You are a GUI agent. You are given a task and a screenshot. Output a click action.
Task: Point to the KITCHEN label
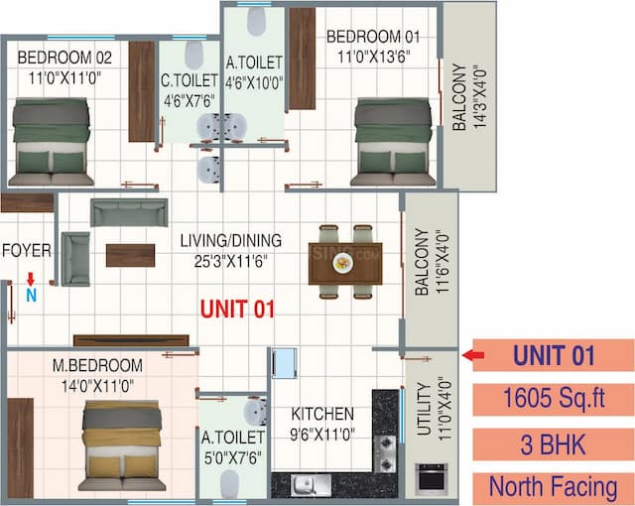321,414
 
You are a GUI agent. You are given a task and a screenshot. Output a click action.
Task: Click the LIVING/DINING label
230,240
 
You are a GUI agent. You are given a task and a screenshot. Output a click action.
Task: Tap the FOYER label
26,250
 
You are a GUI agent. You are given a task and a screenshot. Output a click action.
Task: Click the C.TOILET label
188,77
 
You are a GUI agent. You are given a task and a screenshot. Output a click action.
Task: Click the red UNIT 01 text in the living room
237,309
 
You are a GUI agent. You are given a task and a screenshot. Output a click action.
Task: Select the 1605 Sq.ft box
554,400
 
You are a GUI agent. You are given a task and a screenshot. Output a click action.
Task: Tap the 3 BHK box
554,443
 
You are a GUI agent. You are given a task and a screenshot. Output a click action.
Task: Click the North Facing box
554,487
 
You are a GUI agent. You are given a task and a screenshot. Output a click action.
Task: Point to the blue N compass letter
30,294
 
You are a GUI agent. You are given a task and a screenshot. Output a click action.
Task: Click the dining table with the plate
343,263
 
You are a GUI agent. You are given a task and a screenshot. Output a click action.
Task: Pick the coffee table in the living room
130,255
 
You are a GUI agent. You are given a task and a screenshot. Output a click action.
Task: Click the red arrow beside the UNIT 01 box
474,354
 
